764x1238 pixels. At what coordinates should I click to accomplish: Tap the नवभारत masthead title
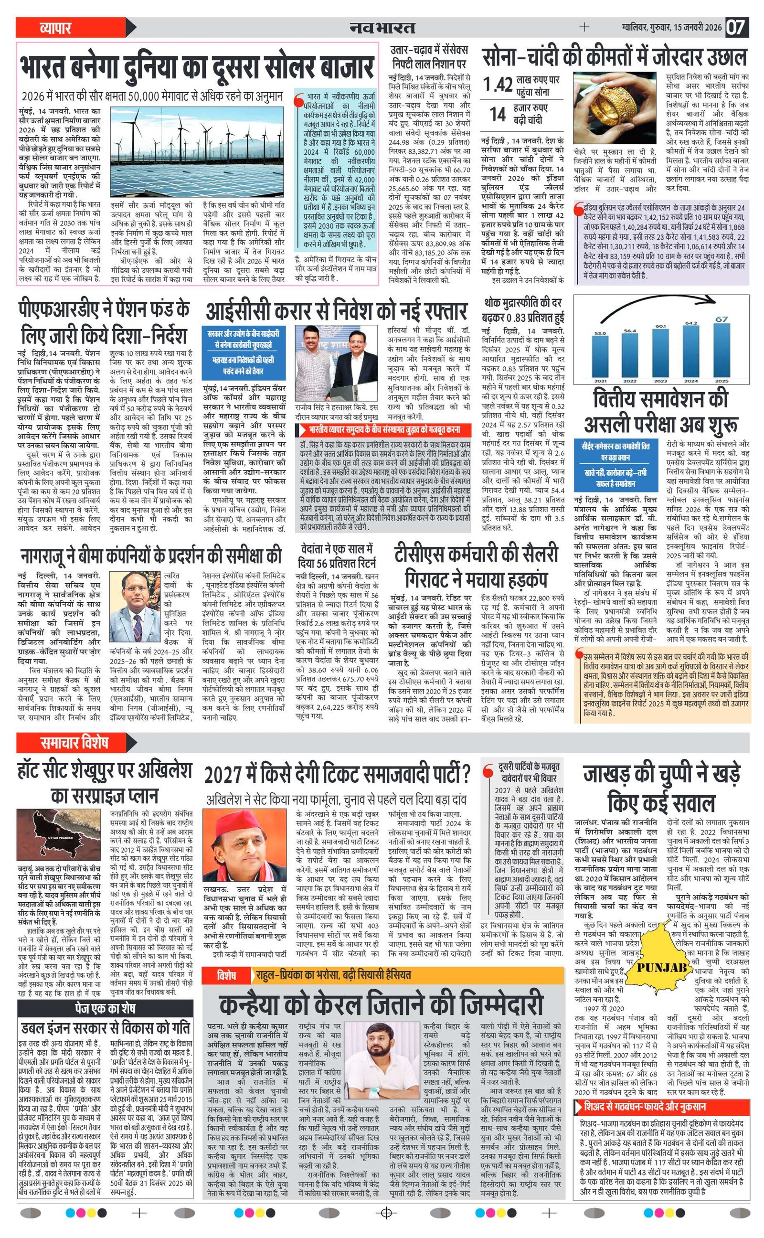click(x=382, y=28)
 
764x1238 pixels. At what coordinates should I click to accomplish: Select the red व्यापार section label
click(x=55, y=28)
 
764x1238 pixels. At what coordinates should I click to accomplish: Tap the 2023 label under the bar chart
click(x=661, y=381)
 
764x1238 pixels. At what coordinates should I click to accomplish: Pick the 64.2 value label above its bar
click(x=691, y=323)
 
